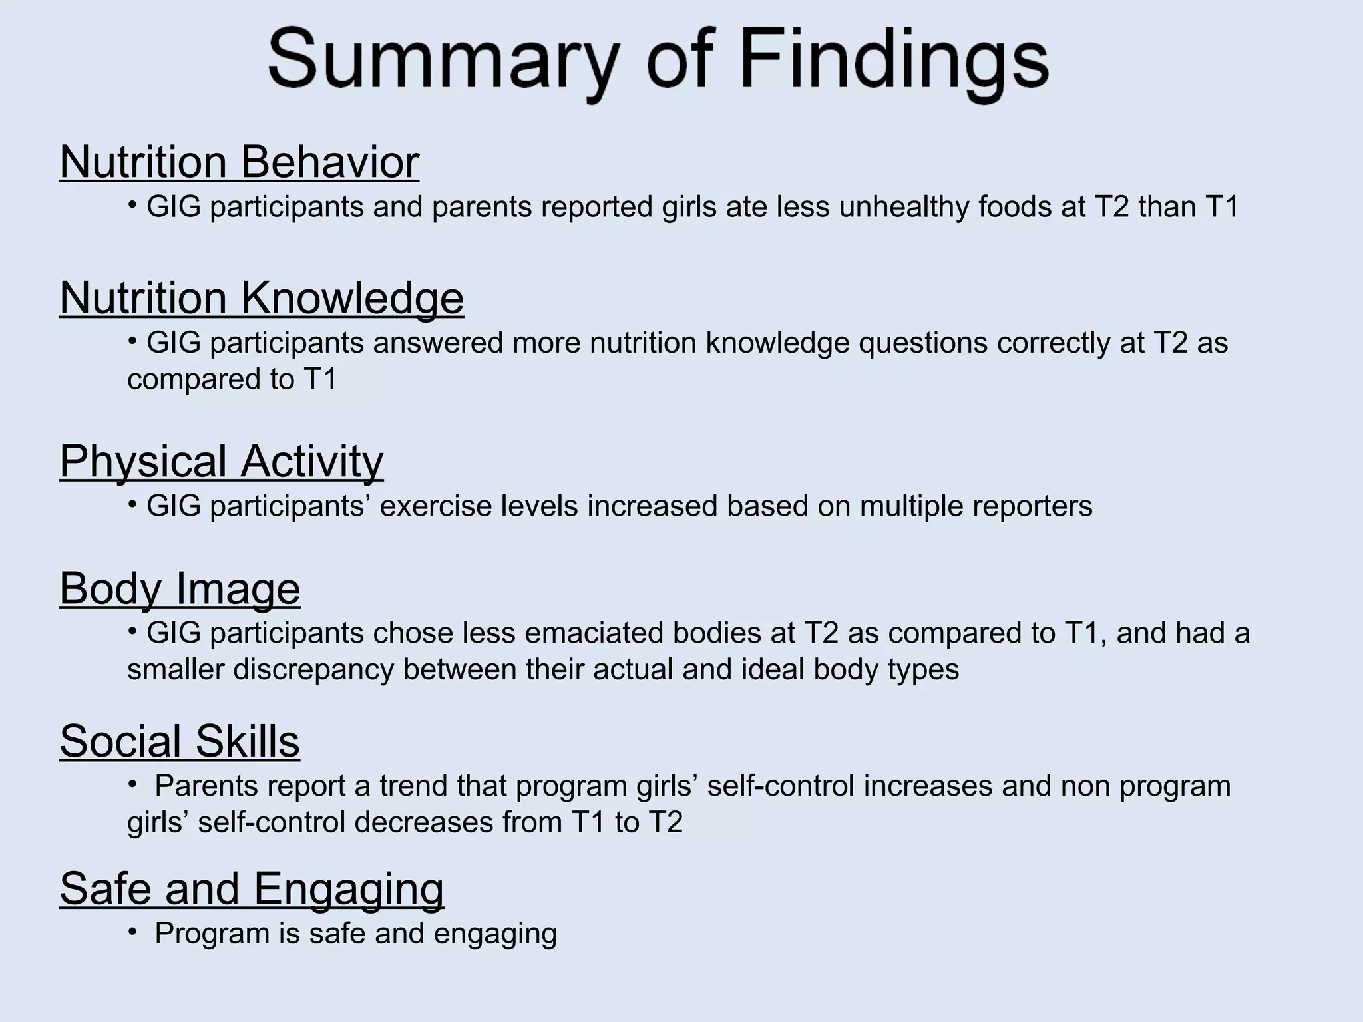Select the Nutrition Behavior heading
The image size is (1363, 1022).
240,162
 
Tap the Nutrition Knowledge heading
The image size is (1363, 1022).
262,297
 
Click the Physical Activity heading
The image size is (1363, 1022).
222,460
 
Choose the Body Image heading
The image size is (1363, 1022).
180,588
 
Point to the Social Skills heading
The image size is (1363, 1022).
180,741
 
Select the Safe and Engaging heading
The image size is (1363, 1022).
252,888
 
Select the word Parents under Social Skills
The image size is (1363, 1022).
206,786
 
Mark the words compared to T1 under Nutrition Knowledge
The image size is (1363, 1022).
232,380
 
